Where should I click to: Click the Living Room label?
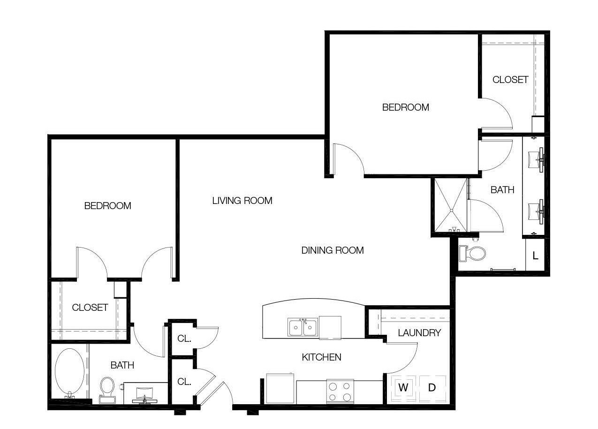coord(242,201)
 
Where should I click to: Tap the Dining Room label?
coord(333,250)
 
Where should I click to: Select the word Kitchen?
coord(321,357)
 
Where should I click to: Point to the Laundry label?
coord(419,333)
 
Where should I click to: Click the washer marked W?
coord(403,388)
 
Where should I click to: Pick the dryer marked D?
coord(432,388)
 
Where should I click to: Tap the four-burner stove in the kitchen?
coord(340,391)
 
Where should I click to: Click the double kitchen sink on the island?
coord(303,326)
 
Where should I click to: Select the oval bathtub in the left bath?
coord(70,371)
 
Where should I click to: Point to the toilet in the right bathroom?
coord(472,253)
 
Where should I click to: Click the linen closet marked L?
coord(535,256)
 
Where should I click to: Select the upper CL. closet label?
coord(184,339)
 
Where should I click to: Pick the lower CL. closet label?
coord(184,382)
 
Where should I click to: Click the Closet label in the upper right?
coord(510,80)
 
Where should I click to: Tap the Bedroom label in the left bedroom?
coord(107,206)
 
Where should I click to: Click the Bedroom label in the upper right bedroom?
coord(406,107)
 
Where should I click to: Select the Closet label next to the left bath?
coord(90,308)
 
